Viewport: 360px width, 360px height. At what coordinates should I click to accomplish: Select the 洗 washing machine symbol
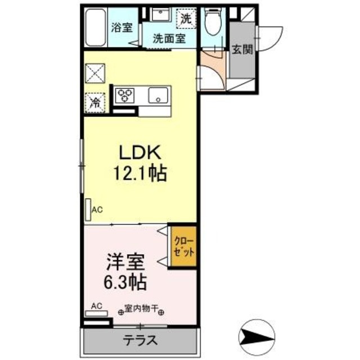[x=186, y=18]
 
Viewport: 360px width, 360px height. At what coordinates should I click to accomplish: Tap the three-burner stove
[x=126, y=94]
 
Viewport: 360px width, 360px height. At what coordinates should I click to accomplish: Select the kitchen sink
[x=159, y=96]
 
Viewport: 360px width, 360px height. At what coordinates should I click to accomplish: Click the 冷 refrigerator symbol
[x=96, y=102]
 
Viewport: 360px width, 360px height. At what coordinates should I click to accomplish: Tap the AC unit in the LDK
[x=88, y=209]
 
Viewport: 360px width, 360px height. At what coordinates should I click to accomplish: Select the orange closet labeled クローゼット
[x=183, y=246]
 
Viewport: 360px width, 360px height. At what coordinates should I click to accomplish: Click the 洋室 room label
[x=126, y=262]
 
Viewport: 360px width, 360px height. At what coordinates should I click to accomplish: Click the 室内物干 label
[x=140, y=309]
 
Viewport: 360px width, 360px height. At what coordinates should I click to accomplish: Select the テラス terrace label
[x=140, y=341]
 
